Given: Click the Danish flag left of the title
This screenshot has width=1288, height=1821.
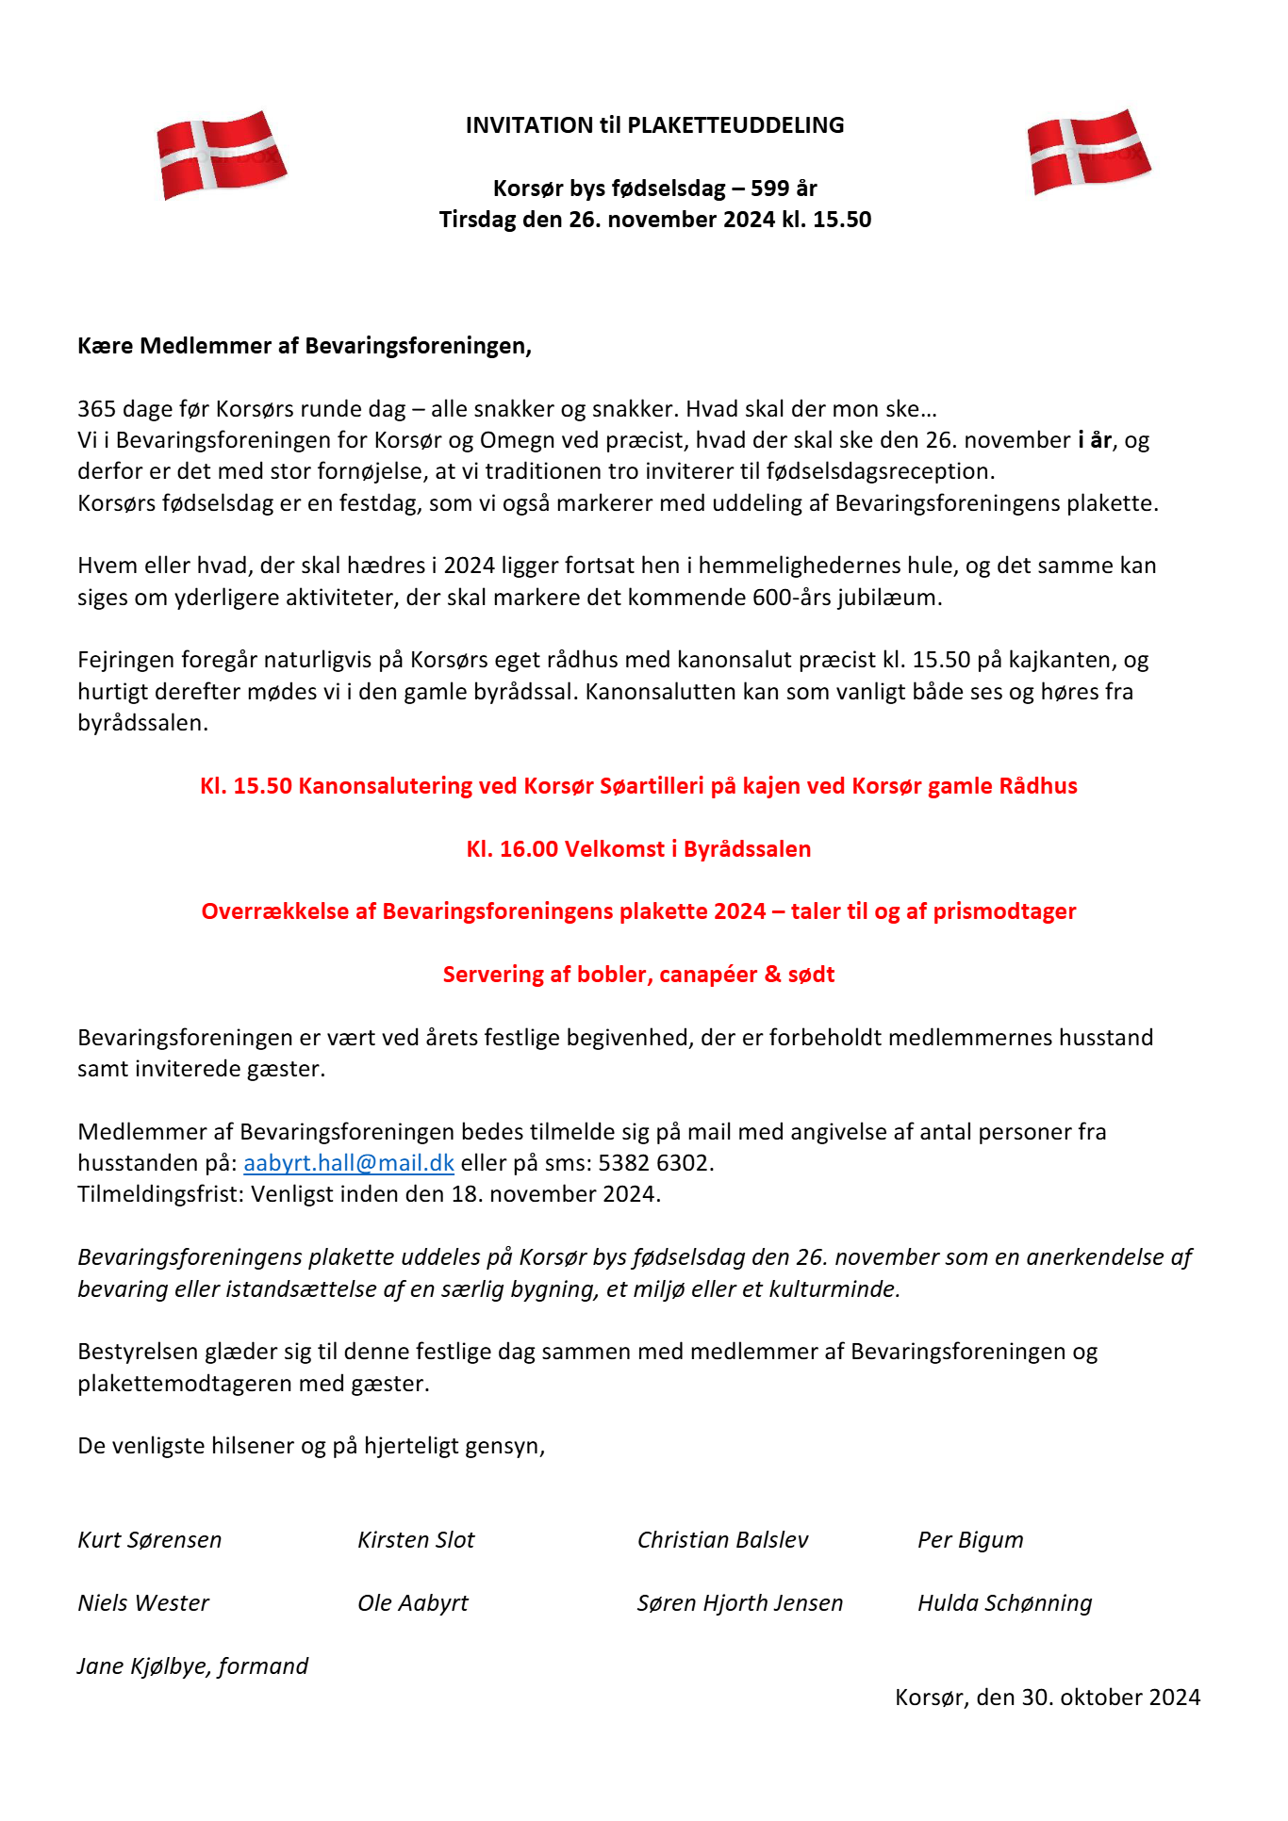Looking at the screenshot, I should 222,155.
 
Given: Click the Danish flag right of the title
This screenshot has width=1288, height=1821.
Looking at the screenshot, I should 1089,152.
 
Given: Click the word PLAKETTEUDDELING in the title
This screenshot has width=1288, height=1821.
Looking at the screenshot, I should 735,125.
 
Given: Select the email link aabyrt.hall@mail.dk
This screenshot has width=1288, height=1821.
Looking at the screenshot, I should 349,1163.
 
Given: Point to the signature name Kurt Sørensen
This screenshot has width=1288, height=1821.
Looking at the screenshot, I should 150,1540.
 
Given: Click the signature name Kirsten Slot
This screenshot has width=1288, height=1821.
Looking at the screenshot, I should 416,1540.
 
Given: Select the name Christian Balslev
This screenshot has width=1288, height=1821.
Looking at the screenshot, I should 723,1540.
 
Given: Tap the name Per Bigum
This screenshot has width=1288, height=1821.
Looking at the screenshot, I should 970,1540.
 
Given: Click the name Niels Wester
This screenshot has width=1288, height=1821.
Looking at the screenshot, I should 143,1603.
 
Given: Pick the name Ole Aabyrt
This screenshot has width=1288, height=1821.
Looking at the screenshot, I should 413,1603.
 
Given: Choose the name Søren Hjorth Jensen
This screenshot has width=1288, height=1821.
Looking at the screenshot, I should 740,1603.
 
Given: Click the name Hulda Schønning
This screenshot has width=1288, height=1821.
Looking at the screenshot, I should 1005,1603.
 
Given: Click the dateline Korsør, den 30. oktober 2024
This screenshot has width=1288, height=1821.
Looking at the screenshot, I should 1048,1698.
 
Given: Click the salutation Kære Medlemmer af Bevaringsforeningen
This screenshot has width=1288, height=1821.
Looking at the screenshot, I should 304,346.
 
